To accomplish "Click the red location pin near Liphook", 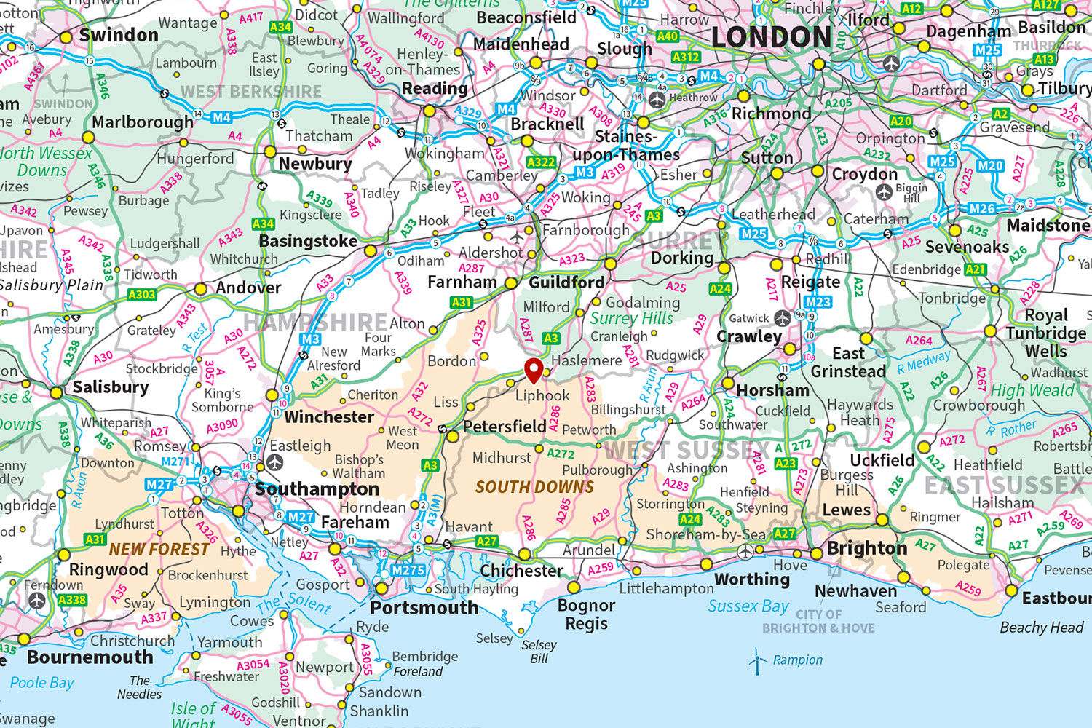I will (x=534, y=369).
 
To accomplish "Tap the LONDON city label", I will (x=771, y=37).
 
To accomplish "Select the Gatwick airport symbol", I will (x=782, y=318).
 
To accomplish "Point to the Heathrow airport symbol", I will (x=657, y=99).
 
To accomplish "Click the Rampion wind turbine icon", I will (x=757, y=660).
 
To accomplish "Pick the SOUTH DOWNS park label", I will (x=534, y=487).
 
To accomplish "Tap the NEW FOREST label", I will (x=159, y=550).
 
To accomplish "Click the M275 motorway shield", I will (x=408, y=570).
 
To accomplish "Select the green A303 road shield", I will (x=141, y=295).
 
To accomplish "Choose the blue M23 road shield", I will (x=818, y=301).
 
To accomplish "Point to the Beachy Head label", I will (x=1041, y=628).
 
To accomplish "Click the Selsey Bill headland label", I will (x=539, y=652).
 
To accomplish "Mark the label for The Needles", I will (x=139, y=687).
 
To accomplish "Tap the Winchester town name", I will (x=329, y=417).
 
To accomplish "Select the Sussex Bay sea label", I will (x=748, y=606).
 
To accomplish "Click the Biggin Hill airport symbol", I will (x=884, y=192).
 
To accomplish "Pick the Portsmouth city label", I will (x=424, y=608).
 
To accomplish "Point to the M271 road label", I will (x=175, y=462).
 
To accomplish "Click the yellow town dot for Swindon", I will (x=66, y=37).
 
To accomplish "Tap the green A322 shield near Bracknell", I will (x=541, y=162).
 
